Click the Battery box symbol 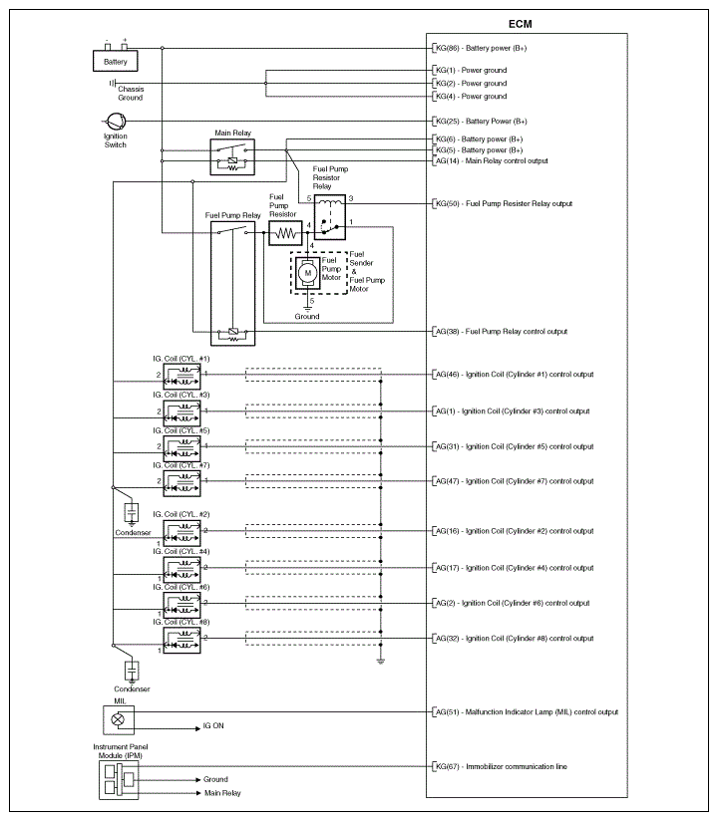pos(116,61)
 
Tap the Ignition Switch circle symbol pos(116,122)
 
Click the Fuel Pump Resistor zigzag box pos(287,233)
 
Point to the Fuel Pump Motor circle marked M pos(308,272)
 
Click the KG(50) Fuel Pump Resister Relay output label pos(504,203)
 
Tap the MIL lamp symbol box pos(118,719)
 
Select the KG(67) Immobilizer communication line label pos(502,766)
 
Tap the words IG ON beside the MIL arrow pos(213,727)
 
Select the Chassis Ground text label pos(130,94)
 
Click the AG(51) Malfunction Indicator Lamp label pos(526,712)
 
